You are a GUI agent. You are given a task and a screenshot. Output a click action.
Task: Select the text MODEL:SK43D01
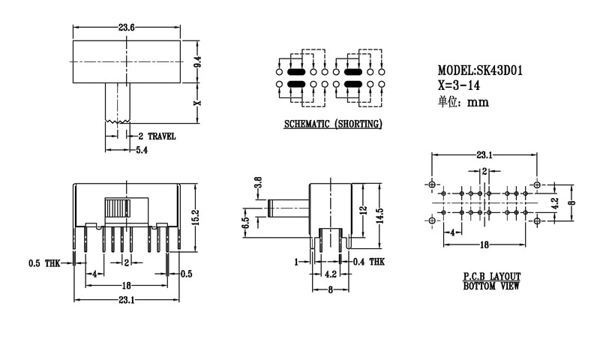point(480,70)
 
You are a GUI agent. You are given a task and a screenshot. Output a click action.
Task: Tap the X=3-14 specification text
point(459,85)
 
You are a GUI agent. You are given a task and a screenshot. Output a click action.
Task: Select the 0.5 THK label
point(43,263)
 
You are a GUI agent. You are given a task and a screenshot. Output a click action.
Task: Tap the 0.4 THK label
point(367,262)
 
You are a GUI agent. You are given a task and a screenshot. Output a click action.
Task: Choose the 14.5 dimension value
point(381,215)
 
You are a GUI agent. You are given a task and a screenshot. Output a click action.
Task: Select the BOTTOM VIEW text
point(491,286)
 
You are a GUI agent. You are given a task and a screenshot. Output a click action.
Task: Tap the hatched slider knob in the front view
point(115,208)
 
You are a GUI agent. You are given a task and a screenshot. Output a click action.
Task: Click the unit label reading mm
point(478,103)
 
